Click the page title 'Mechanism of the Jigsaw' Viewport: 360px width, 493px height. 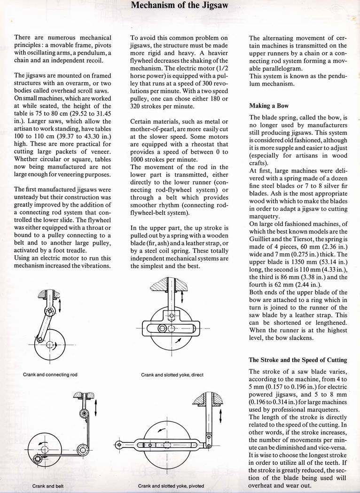coord(180,6)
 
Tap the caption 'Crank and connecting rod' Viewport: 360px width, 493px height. coord(50,375)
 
